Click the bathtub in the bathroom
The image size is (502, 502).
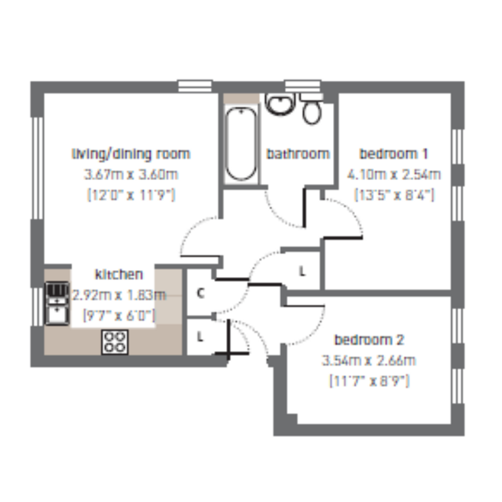[241, 144]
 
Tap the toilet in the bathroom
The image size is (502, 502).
[312, 109]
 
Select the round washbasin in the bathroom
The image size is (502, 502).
[280, 104]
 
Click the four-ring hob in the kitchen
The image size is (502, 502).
[115, 342]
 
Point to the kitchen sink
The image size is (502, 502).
[57, 303]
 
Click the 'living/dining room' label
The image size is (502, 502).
[131, 154]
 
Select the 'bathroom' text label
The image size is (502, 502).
[297, 154]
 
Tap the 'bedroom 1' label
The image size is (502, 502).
[394, 154]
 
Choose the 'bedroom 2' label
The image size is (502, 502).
[369, 340]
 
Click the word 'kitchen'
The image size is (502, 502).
[119, 274]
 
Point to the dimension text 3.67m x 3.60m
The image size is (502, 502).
[131, 174]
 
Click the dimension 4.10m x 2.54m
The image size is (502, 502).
[394, 174]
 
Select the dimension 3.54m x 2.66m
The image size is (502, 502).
[369, 361]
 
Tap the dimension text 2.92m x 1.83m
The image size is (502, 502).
[119, 295]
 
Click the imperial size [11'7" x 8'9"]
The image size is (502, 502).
[369, 381]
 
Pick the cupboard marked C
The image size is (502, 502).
[200, 293]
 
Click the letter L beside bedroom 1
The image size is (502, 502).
[302, 272]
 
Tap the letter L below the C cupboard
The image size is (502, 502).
[200, 336]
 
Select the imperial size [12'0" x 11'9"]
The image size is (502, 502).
[131, 195]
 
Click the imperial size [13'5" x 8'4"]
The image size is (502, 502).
[394, 195]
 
